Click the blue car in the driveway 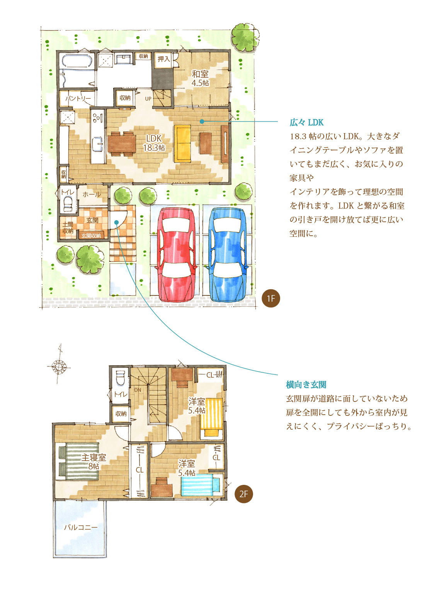[x=228, y=255]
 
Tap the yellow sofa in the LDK [x=182, y=144]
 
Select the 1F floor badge [x=271, y=299]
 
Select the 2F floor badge [x=243, y=494]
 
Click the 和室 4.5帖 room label [x=200, y=78]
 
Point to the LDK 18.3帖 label [x=154, y=143]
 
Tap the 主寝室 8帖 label [x=93, y=461]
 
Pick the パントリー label [x=78, y=98]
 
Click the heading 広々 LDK [x=306, y=122]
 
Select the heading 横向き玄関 [x=306, y=385]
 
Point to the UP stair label [x=148, y=99]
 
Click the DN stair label [x=138, y=390]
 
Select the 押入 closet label [x=163, y=59]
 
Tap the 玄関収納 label [x=91, y=235]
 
